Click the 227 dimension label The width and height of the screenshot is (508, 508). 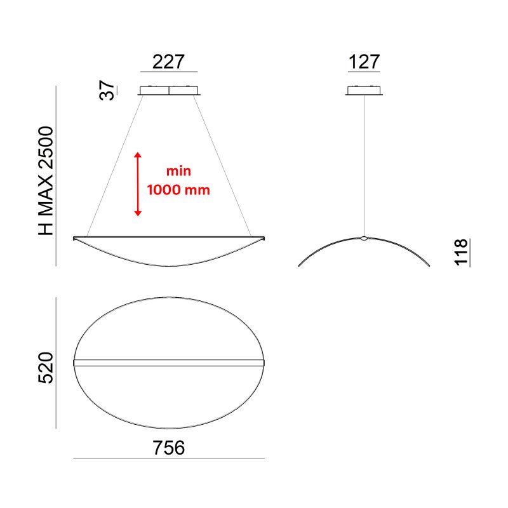(x=168, y=62)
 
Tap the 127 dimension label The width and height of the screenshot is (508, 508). (x=364, y=62)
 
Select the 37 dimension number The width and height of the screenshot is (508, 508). (x=109, y=90)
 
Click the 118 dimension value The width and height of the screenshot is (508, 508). (x=462, y=252)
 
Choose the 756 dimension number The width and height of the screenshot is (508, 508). (x=168, y=448)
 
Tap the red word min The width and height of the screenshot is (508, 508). (x=178, y=171)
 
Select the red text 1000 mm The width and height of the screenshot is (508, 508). (x=178, y=189)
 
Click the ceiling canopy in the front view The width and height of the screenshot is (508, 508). (x=169, y=90)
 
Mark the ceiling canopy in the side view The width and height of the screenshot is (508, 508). (x=364, y=90)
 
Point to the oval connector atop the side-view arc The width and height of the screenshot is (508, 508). (x=364, y=239)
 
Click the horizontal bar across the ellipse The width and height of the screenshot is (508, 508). (x=169, y=362)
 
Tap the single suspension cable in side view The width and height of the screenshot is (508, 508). (x=364, y=165)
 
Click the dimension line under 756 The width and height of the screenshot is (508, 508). (x=168, y=458)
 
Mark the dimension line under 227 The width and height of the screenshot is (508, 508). (x=168, y=72)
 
